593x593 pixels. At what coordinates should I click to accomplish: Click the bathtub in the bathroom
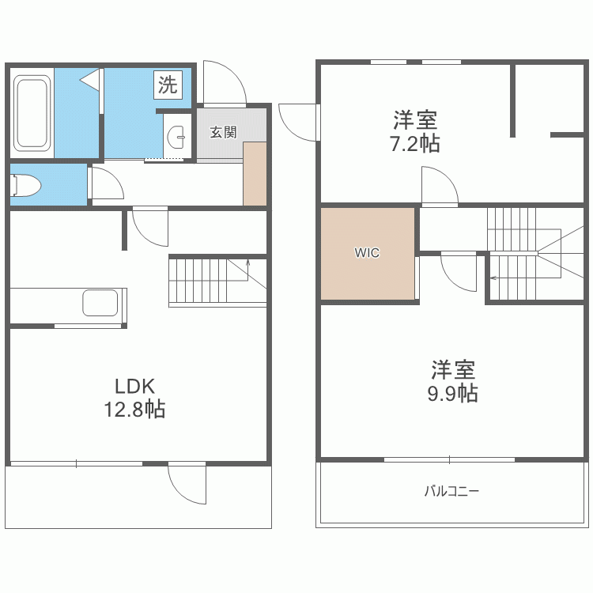point(32,113)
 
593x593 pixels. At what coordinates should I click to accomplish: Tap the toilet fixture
point(25,185)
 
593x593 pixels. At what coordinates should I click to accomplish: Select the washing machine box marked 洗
point(168,85)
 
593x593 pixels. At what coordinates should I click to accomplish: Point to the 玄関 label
point(223,132)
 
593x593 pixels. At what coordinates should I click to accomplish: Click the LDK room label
point(135,387)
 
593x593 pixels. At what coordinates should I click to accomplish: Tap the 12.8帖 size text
point(134,409)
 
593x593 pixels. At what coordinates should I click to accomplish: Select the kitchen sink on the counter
point(100,303)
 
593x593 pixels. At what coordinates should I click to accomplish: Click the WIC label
point(367,253)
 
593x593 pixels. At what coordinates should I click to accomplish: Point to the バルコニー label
point(451,491)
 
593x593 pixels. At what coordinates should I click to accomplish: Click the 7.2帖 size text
point(415,144)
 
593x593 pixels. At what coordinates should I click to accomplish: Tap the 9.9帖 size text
point(453,393)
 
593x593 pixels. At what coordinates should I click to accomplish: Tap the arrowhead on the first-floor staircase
point(247,262)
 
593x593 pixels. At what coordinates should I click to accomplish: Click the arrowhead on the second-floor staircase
point(493,278)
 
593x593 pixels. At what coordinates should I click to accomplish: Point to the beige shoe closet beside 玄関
point(255,174)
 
